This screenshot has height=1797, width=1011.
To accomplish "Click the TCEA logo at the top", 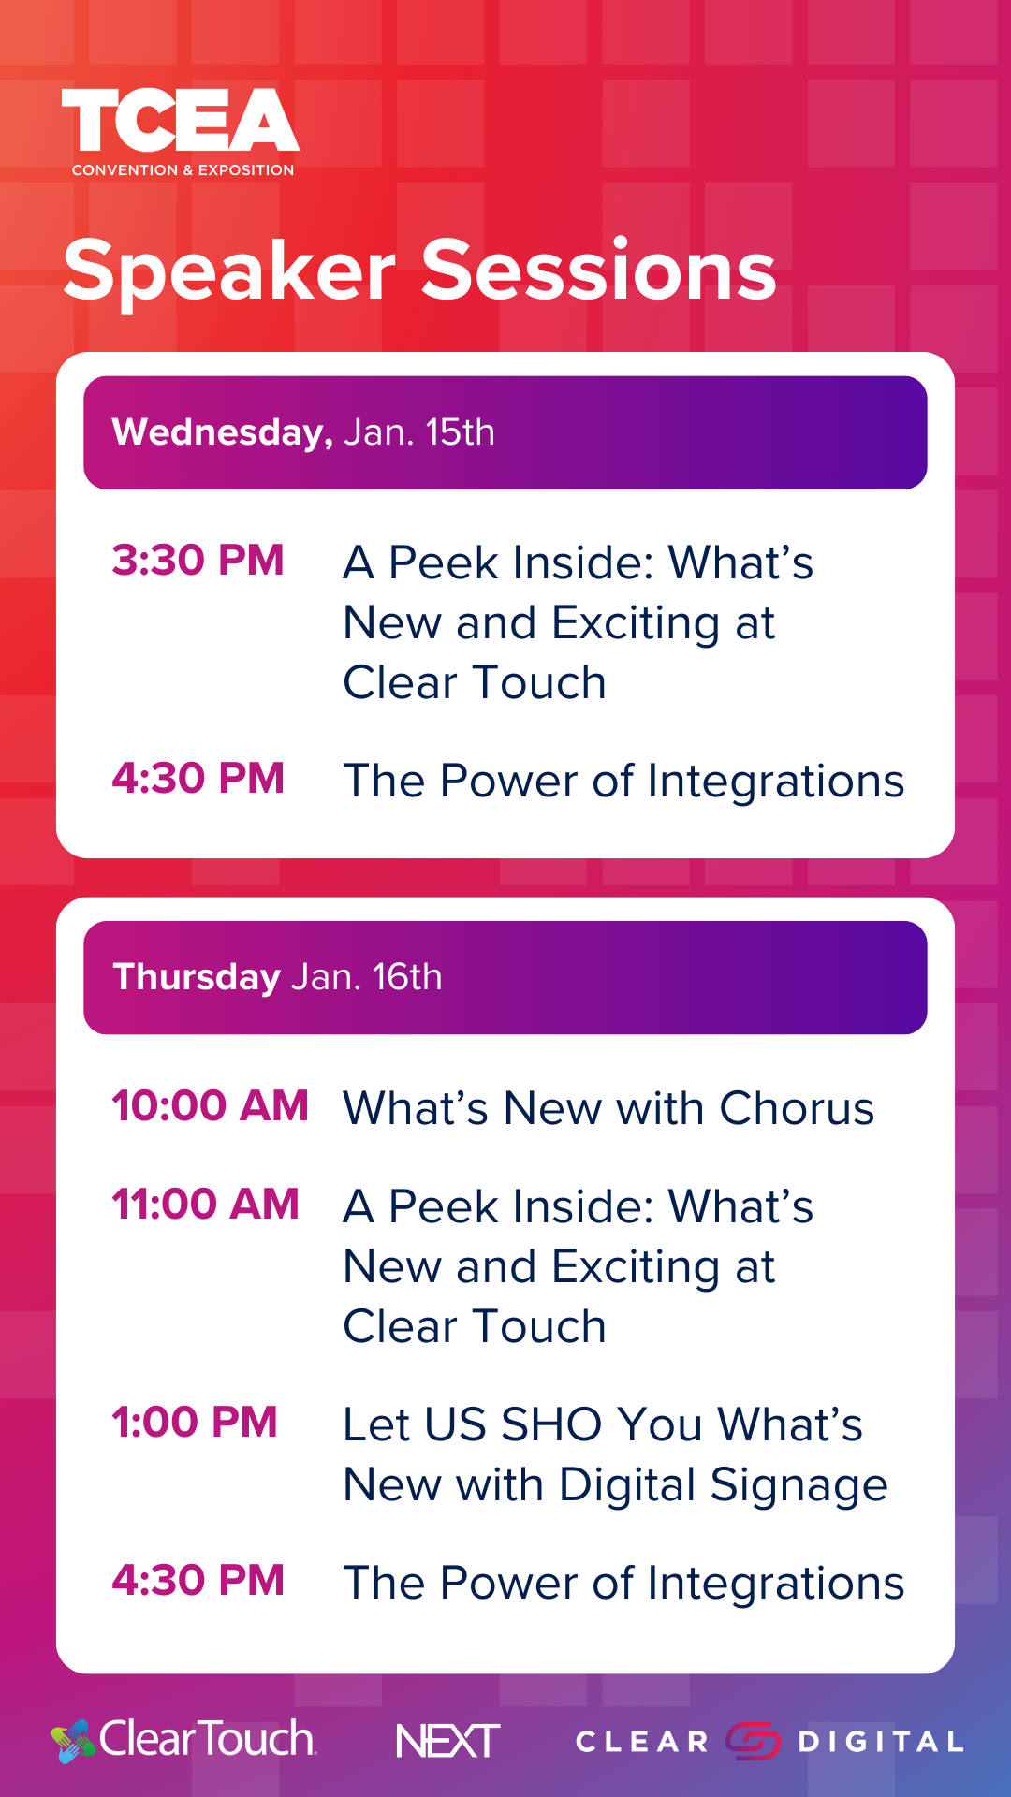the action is pos(181,132).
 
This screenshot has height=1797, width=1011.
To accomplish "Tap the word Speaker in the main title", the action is pos(229,271).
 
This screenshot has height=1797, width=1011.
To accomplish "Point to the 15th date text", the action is pos(460,432).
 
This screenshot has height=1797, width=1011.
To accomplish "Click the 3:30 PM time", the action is pos(198,561).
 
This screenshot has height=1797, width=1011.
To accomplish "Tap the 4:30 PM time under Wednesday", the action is pos(198,779).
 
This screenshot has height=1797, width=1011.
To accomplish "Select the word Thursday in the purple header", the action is pos(197,977).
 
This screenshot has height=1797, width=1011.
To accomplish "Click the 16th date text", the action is pos(407,977).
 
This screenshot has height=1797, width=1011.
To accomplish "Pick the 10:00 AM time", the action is pos(210,1105).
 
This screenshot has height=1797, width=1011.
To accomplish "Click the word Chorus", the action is pos(797,1108).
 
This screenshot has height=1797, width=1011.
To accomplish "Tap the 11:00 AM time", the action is pos(205,1204).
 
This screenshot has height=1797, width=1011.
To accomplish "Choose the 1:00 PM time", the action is pos(195,1422).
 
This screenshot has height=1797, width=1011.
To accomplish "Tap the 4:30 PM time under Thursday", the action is pos(198,1581).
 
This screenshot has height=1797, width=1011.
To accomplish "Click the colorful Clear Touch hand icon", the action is pos(73,1741).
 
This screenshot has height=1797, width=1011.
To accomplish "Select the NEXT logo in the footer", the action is pos(447,1741).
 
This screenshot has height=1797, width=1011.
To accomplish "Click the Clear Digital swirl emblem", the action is pos(753,1741).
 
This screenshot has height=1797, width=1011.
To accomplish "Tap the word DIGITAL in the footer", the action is pos(881,1742).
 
